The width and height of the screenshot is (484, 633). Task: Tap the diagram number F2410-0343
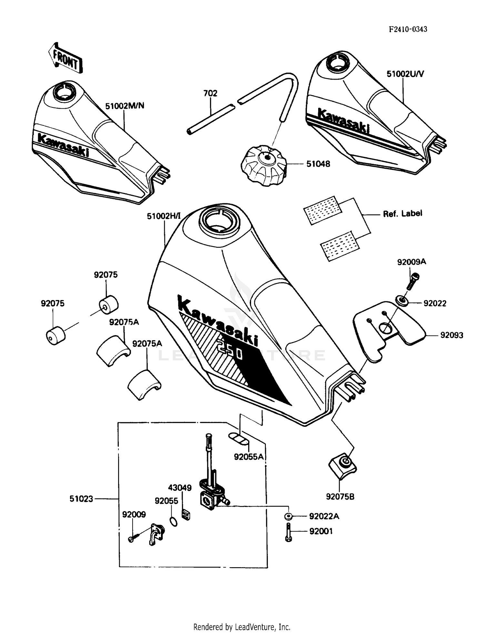[x=408, y=29]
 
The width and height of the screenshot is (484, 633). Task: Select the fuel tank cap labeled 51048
[x=264, y=165]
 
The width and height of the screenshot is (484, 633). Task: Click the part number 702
[x=210, y=93]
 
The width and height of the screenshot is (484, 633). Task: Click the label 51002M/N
[x=125, y=106]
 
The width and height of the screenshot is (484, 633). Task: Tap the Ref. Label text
[x=402, y=214]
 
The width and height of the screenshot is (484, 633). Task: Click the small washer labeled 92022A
[x=288, y=516]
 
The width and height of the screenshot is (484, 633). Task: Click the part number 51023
[x=81, y=499]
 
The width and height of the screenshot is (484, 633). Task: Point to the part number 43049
[x=180, y=487]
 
